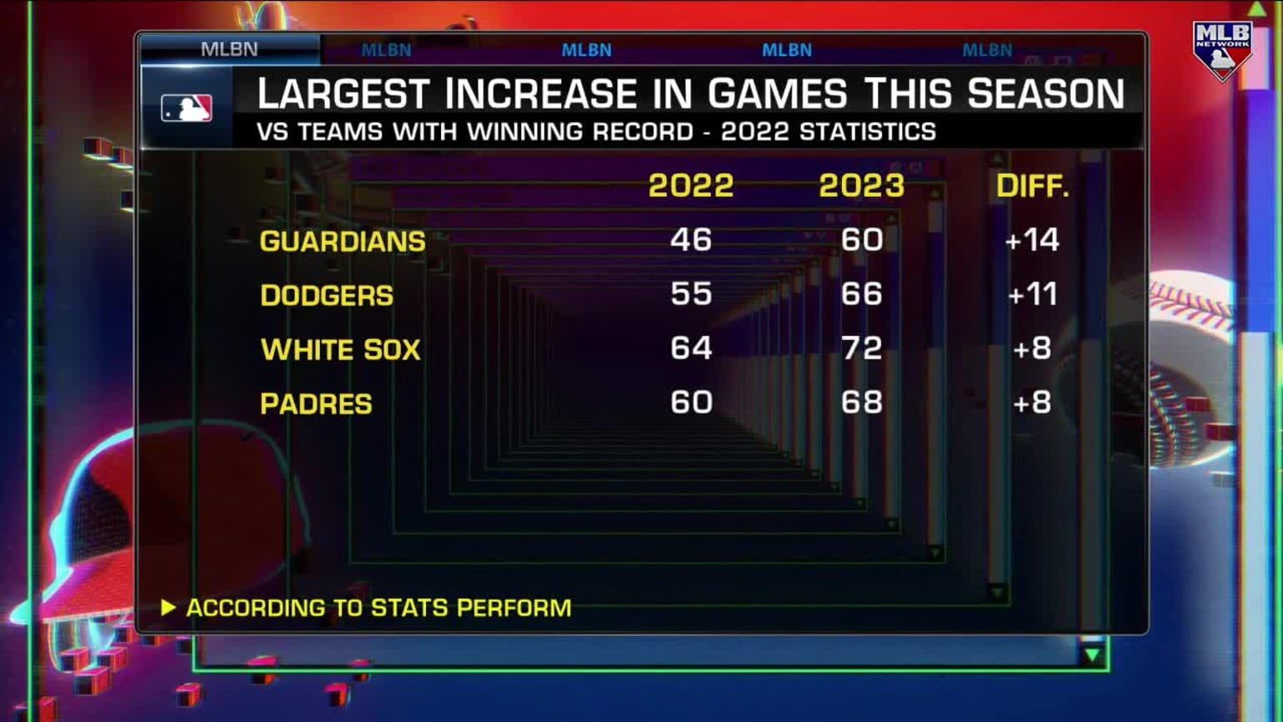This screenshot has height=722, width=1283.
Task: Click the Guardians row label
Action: (342, 242)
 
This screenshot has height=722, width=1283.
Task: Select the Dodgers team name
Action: (327, 296)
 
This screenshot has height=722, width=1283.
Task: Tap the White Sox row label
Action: (341, 349)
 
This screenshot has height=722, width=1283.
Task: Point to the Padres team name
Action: (316, 404)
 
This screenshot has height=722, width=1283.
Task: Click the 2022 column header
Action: (691, 186)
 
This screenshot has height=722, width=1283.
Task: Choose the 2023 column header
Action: (861, 186)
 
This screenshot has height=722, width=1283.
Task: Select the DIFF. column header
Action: (1032, 186)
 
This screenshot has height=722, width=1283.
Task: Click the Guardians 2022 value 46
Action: (691, 240)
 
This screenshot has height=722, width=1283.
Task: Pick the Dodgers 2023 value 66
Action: (861, 294)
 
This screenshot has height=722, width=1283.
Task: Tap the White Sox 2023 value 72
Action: (861, 348)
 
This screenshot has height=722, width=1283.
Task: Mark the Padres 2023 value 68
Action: (861, 402)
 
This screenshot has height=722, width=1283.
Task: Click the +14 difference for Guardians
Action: (1032, 240)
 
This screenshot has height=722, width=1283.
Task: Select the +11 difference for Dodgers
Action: (1032, 294)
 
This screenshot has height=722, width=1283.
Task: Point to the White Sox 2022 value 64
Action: (691, 348)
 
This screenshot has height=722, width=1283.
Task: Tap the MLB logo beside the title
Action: (186, 109)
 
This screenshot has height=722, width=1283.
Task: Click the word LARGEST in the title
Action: (343, 94)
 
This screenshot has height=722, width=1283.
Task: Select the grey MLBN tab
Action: (229, 49)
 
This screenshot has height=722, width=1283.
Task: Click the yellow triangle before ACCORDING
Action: (168, 608)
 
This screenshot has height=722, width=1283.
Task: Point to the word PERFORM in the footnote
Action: (514, 608)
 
